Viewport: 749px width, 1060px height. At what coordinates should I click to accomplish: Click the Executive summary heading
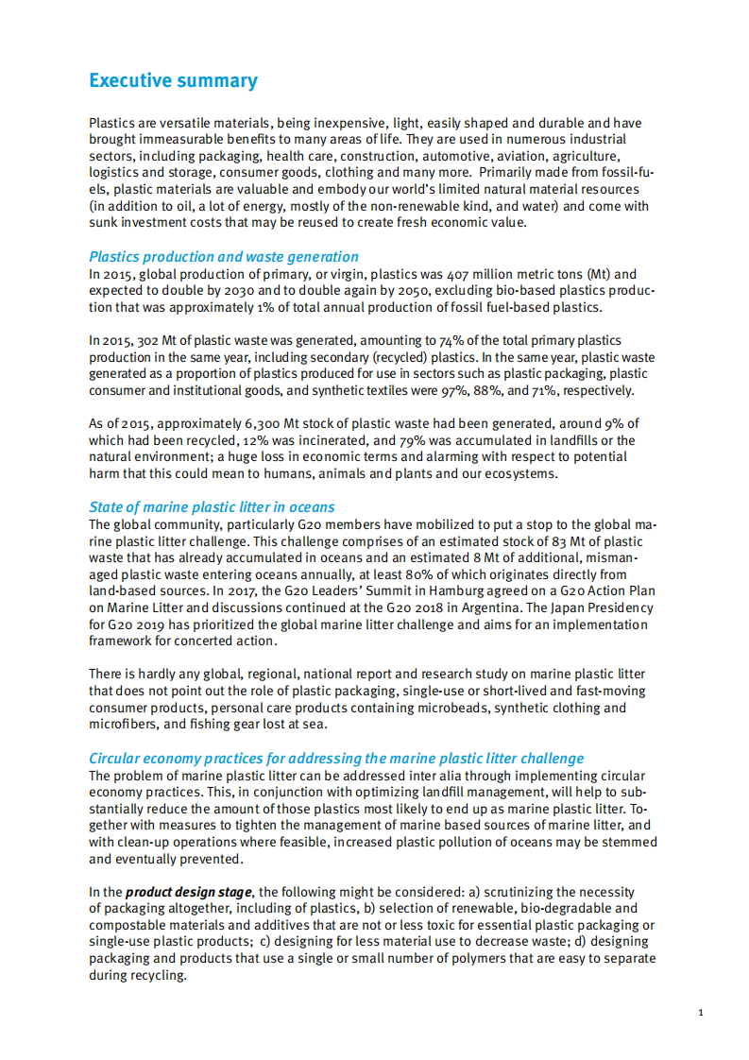pyautogui.click(x=173, y=80)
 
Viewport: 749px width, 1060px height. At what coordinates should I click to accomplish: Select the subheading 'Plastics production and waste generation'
pyautogui.click(x=224, y=256)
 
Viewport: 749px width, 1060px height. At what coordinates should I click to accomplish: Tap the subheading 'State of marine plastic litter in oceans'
pyautogui.click(x=212, y=507)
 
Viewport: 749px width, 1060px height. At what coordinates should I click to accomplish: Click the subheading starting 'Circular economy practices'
pyautogui.click(x=336, y=758)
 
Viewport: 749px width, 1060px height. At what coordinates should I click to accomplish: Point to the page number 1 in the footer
pyautogui.click(x=700, y=1013)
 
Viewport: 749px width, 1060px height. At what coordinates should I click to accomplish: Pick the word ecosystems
pyautogui.click(x=519, y=473)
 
